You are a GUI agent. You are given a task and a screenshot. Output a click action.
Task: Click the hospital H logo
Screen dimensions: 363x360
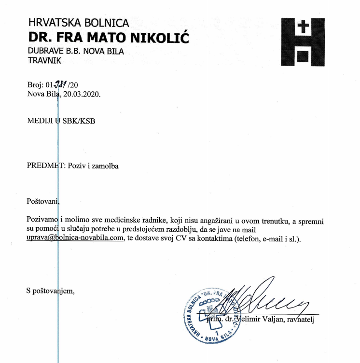tap(303, 42)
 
